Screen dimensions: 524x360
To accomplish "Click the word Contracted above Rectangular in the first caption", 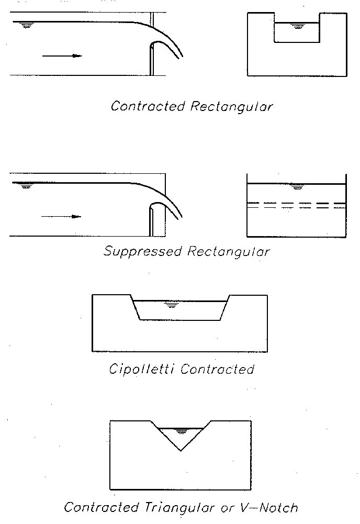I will (x=148, y=106).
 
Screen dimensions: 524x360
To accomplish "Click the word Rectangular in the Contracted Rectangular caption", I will (x=231, y=106).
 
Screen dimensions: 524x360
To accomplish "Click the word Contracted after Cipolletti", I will (x=217, y=369).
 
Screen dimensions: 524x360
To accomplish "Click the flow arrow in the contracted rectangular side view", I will (x=62, y=55).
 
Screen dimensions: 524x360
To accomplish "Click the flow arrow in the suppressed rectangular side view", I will (x=61, y=216).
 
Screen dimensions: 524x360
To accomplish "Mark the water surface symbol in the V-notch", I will (x=182, y=432).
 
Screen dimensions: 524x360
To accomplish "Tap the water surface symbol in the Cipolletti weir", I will (x=170, y=304).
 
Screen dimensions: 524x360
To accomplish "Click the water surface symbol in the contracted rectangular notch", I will (x=298, y=26).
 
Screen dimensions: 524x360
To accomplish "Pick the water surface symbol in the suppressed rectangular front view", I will (x=298, y=187).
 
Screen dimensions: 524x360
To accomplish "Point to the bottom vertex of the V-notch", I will (x=181, y=450).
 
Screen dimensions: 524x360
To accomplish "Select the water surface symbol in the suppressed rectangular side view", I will (x=25, y=185).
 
